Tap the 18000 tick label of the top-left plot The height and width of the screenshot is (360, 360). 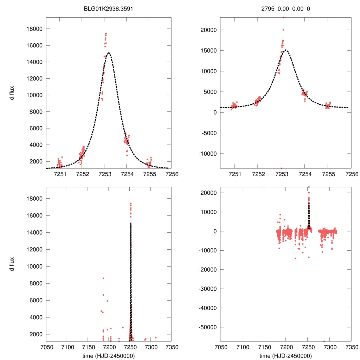tap(34, 29)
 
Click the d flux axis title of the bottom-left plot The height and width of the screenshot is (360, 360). tap(13, 264)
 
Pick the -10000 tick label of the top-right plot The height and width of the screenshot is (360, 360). tap(208, 154)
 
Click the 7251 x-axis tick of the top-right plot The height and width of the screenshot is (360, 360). tap(234, 174)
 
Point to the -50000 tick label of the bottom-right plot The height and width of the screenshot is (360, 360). tap(208, 327)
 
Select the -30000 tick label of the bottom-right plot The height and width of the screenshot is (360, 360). tap(208, 289)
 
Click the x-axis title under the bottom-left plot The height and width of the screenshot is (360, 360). tap(109, 355)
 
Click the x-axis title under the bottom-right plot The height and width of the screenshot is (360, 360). tap(285, 355)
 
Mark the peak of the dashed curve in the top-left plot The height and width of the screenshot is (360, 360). tap(109, 53)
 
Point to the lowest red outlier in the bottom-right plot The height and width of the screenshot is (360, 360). tap(324, 341)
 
